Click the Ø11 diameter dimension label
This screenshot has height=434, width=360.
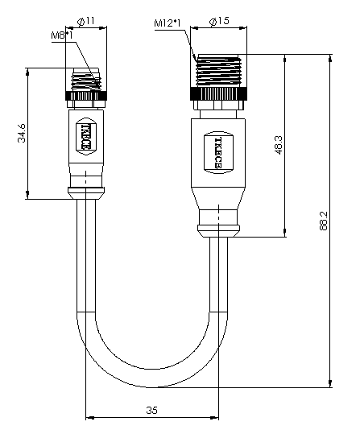86,21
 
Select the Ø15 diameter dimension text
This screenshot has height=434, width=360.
220,21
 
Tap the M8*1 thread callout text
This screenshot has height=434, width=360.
62,35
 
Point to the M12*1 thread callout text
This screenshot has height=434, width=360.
168,23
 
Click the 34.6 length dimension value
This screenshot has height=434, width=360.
22,133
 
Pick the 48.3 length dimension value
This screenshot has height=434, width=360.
279,145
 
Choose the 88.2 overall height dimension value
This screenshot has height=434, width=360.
323,221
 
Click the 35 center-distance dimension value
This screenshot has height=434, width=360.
151,410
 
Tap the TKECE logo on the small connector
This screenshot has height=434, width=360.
86,136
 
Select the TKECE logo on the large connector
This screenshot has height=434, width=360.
218,152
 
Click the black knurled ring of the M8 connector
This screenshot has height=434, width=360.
86,96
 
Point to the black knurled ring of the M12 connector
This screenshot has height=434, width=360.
218,94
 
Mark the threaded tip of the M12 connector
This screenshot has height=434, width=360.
218,71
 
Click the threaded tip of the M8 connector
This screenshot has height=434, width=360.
86,80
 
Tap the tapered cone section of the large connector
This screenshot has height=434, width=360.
218,198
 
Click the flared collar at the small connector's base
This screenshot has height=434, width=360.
86,193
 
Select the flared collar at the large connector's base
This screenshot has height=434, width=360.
218,231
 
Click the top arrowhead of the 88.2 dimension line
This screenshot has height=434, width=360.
330,59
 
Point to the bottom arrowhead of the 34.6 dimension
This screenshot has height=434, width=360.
27,195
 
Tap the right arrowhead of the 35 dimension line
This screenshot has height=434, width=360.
214,417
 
